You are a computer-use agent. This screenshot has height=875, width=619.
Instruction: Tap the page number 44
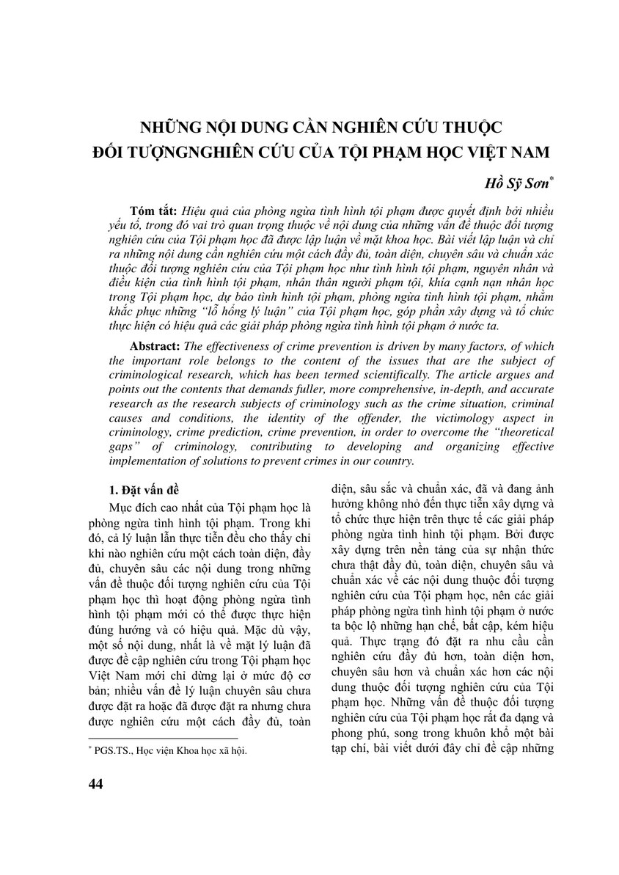95,784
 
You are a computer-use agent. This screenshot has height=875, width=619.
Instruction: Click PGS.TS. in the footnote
109,750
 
